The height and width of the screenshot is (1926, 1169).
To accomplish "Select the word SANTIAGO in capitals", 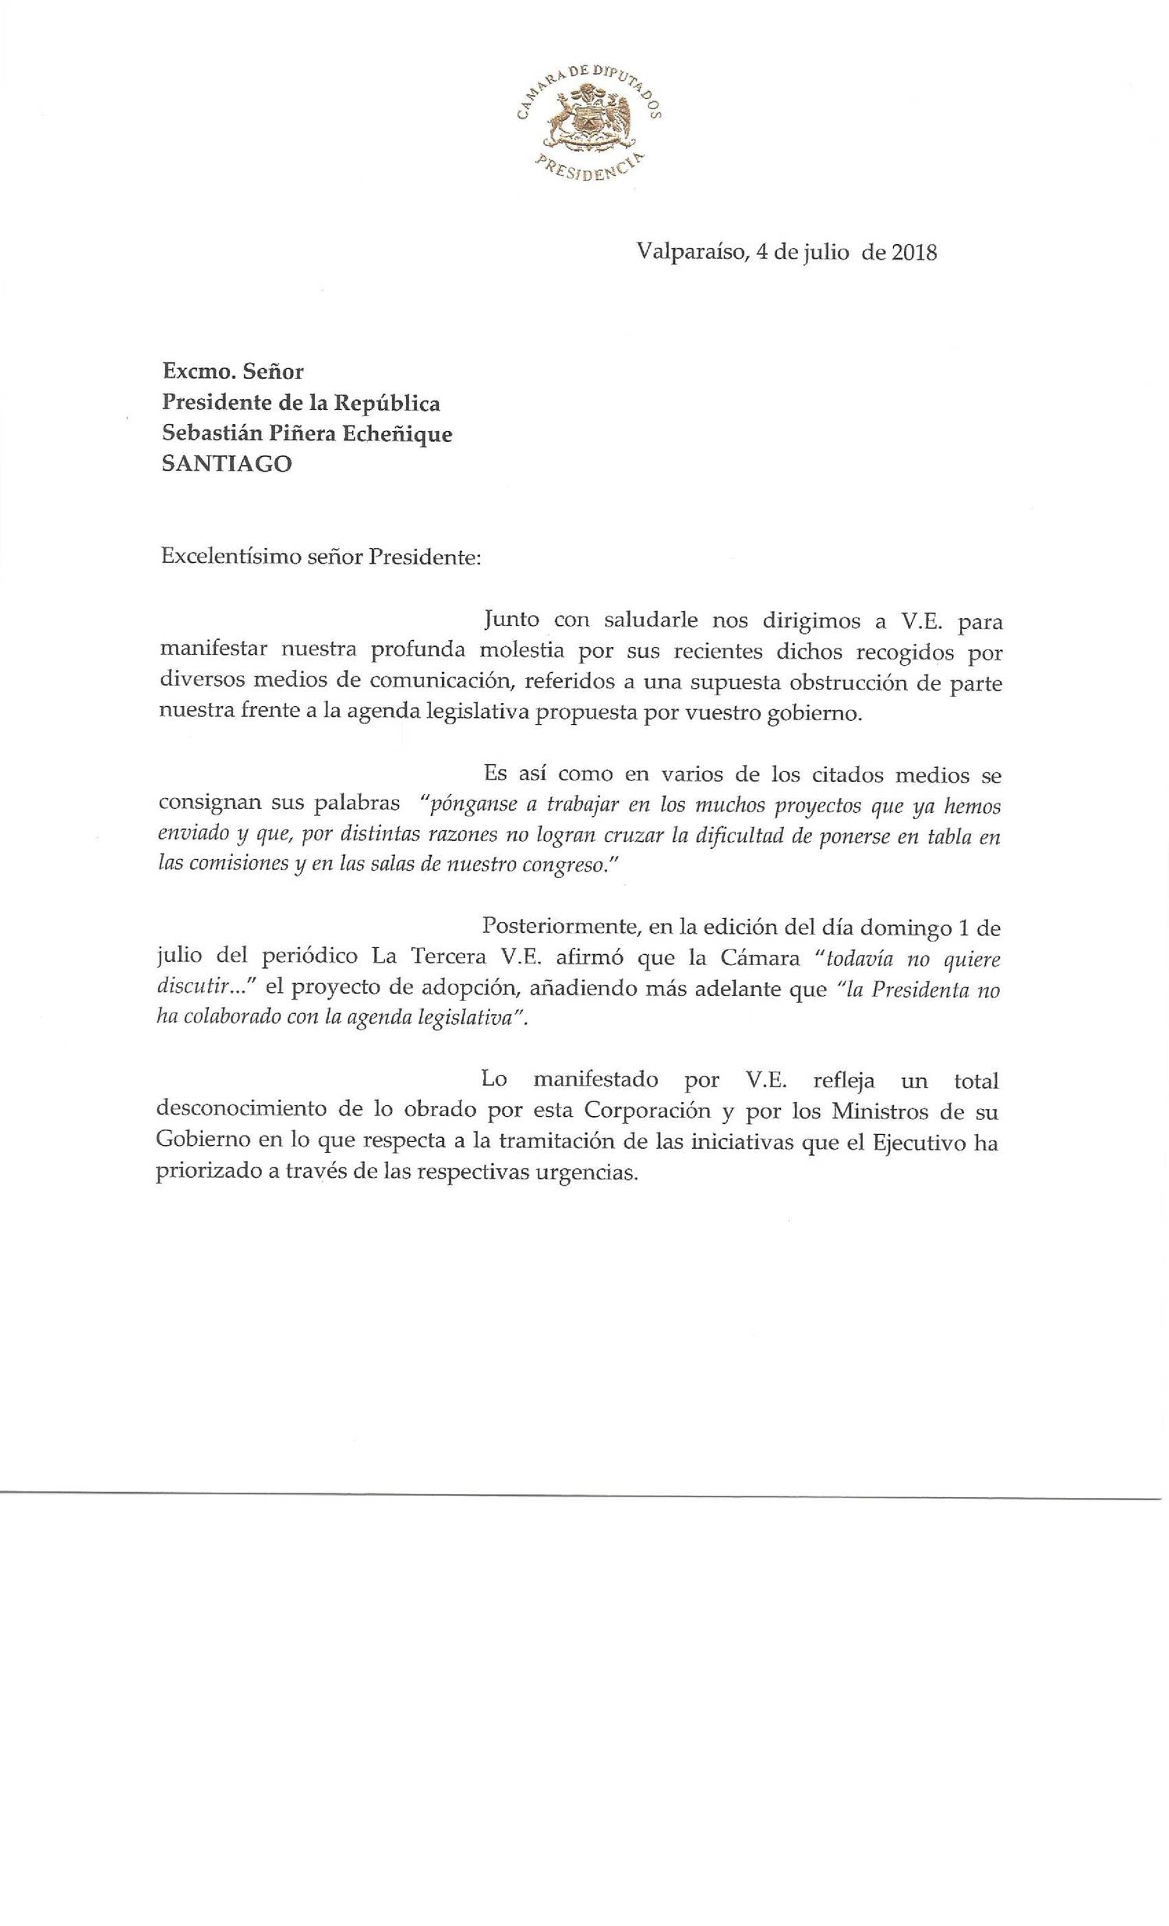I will [227, 464].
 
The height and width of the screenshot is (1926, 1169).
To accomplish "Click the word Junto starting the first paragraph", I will [511, 620].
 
